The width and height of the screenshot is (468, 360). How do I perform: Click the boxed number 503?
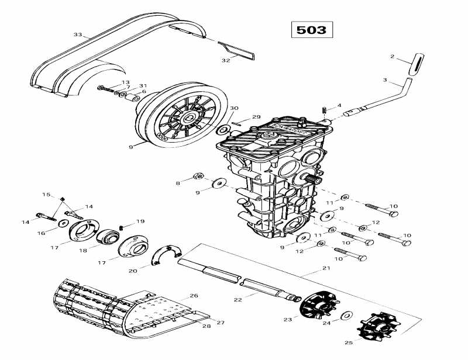(x=311, y=30)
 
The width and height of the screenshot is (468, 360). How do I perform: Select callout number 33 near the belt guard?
(x=78, y=35)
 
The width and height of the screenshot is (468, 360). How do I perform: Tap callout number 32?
(x=226, y=61)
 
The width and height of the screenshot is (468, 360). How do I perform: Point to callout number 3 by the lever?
(x=385, y=80)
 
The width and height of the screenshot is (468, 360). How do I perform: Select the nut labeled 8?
(x=198, y=176)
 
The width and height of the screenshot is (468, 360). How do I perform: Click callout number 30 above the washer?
(x=234, y=109)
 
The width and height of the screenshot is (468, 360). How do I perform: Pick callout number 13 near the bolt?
(x=125, y=82)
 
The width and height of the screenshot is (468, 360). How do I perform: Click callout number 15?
(x=46, y=194)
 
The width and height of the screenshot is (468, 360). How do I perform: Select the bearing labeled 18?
(x=108, y=238)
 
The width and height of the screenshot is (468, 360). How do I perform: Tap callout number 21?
(x=326, y=268)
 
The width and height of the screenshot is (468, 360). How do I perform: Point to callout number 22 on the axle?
(x=238, y=299)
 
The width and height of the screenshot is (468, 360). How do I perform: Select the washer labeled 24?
(x=346, y=316)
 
